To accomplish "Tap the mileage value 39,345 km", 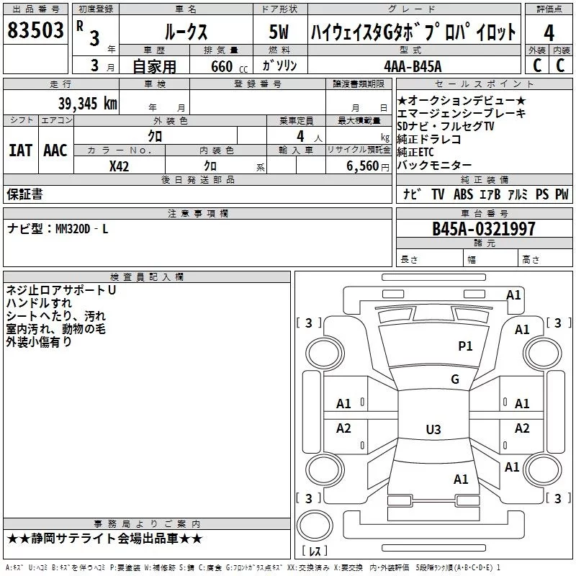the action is (87, 103).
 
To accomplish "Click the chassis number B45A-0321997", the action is (483, 229).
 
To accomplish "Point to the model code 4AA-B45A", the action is (413, 66).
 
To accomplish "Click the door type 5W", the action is (280, 32).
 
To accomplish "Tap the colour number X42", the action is (120, 166).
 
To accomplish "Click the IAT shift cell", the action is (19, 150).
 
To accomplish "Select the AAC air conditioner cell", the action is (55, 150).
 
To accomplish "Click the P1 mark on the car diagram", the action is (466, 346).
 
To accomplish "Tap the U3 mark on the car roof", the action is (433, 430).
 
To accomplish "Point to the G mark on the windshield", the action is (455, 379).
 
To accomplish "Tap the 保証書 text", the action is (24, 194).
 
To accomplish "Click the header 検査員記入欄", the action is (147, 277).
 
